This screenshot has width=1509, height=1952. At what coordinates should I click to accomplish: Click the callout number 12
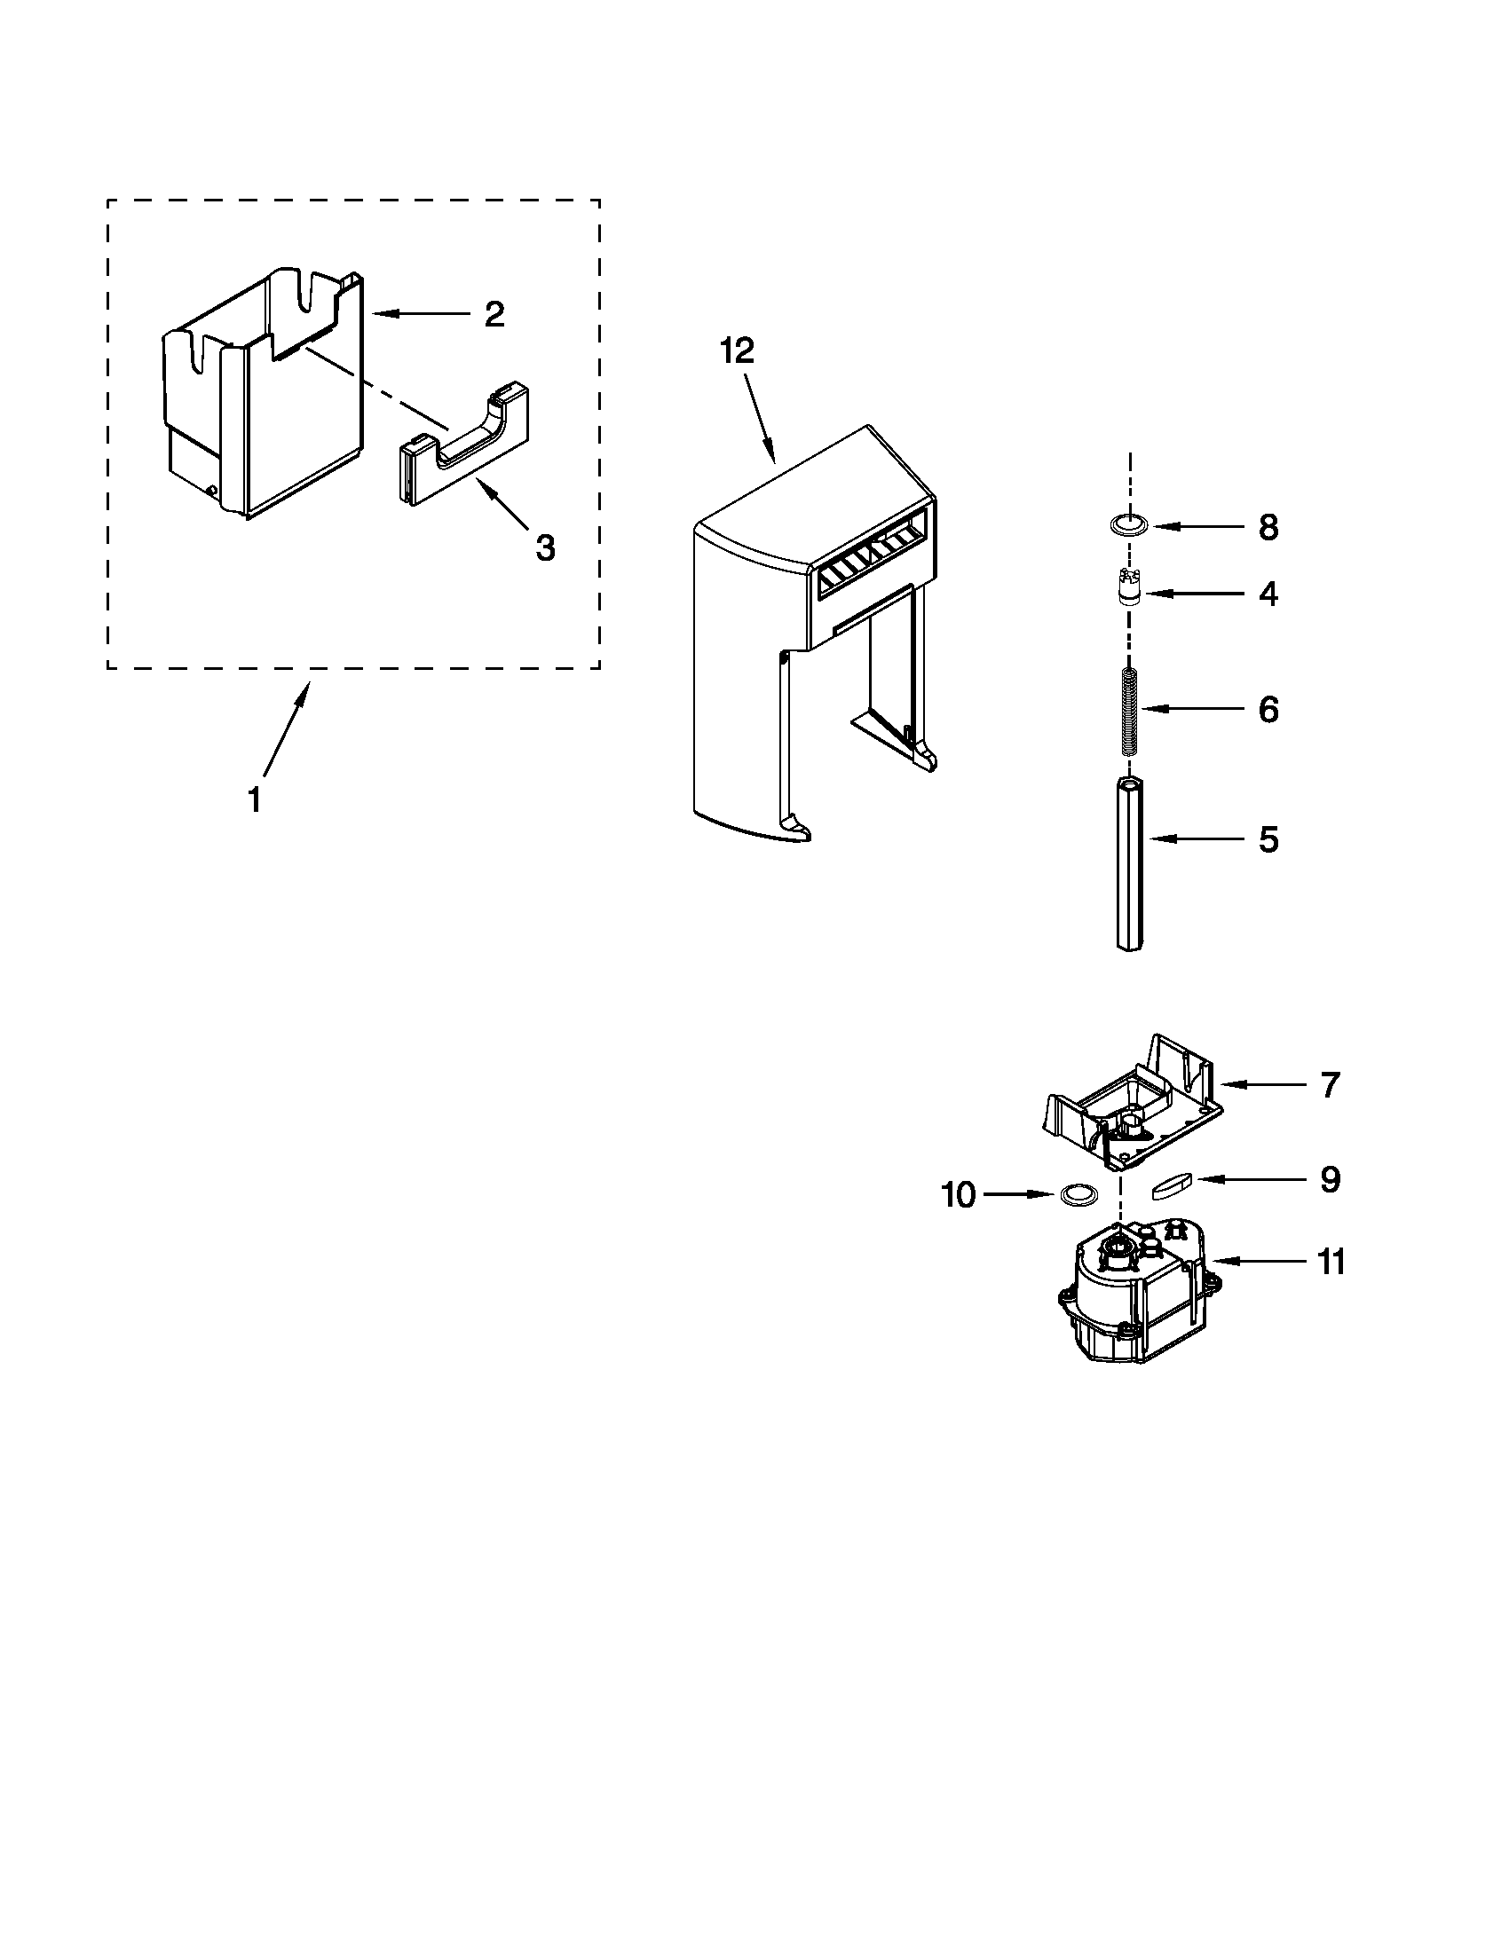pyautogui.click(x=738, y=350)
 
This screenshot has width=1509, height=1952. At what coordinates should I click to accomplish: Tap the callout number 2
pyautogui.click(x=494, y=314)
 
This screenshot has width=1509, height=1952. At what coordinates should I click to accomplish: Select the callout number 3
pyautogui.click(x=544, y=547)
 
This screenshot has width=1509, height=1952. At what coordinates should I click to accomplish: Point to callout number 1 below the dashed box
pyautogui.click(x=255, y=800)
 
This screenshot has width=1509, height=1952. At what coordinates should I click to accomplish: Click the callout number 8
pyautogui.click(x=1268, y=527)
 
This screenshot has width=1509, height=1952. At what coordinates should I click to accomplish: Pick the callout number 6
pyautogui.click(x=1268, y=710)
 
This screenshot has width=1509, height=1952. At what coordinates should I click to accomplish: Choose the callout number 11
pyautogui.click(x=1331, y=1263)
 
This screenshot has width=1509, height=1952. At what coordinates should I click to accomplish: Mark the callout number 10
pyautogui.click(x=959, y=1194)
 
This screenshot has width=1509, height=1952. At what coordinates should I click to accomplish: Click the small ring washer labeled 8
pyautogui.click(x=1130, y=525)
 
